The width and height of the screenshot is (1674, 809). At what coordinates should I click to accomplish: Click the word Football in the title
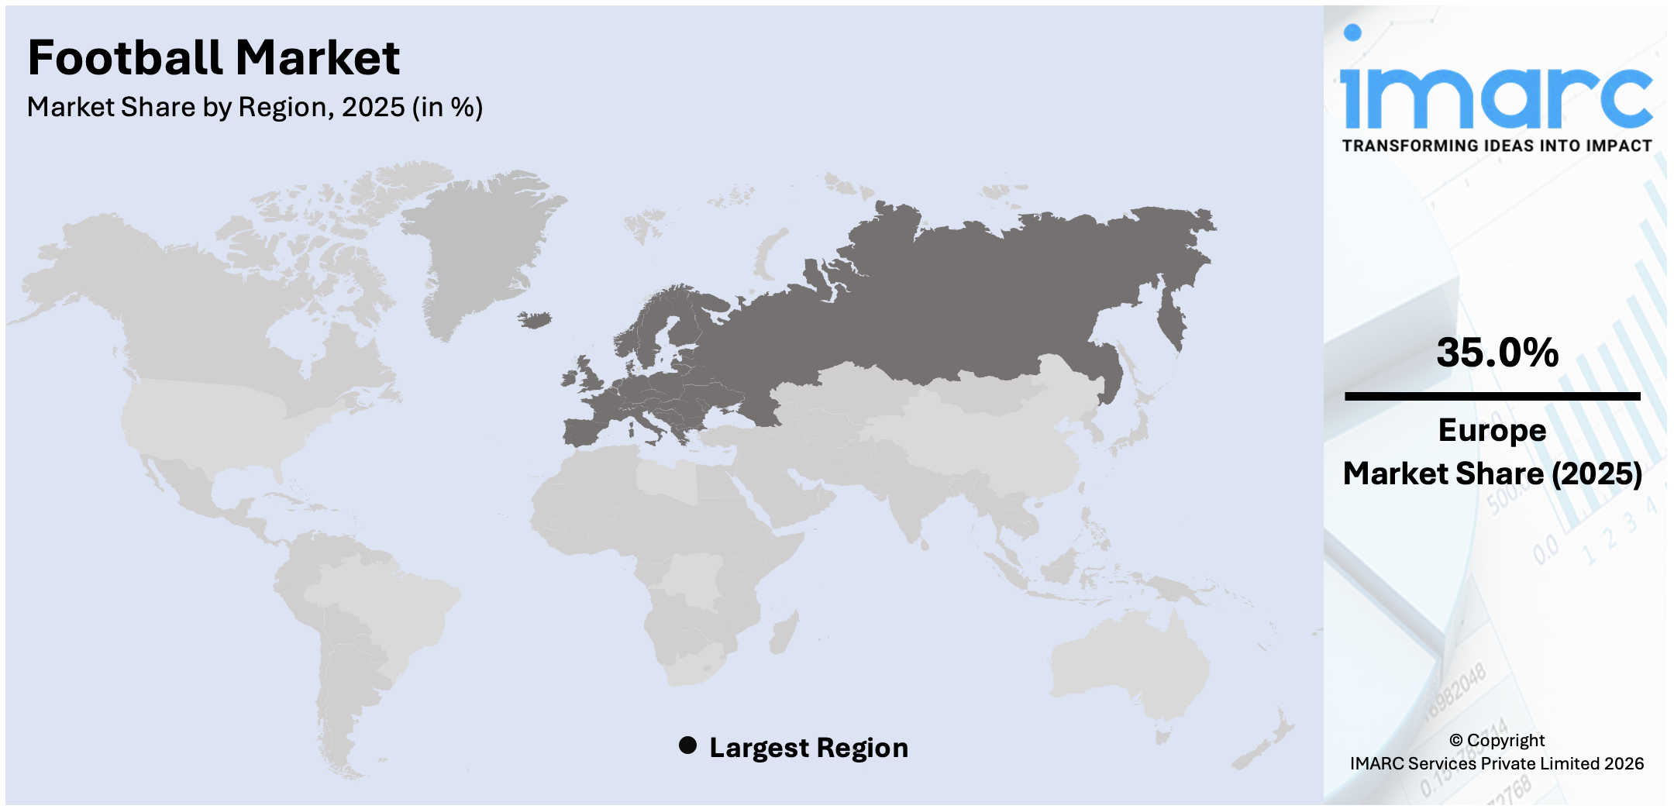click(x=124, y=58)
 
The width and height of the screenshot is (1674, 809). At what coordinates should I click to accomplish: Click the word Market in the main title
click(x=318, y=58)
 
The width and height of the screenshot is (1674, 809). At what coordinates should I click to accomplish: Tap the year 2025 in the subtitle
click(x=373, y=107)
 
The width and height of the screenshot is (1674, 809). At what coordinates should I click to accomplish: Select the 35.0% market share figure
click(x=1497, y=353)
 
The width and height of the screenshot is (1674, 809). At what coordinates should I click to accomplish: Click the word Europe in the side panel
click(x=1492, y=430)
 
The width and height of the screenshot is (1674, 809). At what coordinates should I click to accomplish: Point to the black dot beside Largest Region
click(x=687, y=745)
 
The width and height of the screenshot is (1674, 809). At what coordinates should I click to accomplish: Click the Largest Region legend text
click(x=808, y=748)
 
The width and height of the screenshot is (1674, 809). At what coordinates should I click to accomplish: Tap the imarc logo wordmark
click(x=1496, y=97)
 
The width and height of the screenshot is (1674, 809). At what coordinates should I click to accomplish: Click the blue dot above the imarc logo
click(x=1352, y=33)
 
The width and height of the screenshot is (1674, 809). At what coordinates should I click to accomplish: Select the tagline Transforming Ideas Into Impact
click(x=1497, y=146)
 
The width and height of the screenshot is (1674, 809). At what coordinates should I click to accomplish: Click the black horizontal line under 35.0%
click(x=1492, y=396)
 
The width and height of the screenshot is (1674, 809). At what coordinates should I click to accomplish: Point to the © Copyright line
click(x=1497, y=740)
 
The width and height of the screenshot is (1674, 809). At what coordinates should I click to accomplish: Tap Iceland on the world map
click(x=536, y=319)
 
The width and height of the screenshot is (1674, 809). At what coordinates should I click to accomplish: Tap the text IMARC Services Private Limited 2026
click(x=1497, y=763)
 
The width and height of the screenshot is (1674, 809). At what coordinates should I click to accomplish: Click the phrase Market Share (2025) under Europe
click(x=1492, y=473)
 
